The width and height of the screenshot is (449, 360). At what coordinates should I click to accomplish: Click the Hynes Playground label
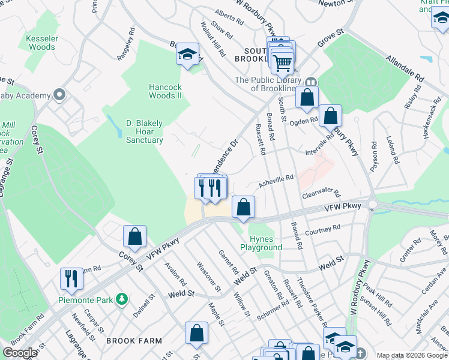point(261,243)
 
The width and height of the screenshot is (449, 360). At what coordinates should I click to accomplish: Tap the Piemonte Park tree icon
point(122,298)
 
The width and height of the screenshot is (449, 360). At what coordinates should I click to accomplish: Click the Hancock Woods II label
point(165,91)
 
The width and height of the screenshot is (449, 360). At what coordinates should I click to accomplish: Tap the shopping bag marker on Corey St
point(135,237)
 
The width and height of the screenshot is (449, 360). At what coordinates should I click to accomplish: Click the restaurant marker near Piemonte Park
point(71,278)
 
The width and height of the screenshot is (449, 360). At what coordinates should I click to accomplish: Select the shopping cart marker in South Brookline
point(282,61)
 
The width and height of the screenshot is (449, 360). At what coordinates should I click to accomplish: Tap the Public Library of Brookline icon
point(311,82)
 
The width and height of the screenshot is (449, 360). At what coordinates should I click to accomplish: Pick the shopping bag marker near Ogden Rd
point(330,116)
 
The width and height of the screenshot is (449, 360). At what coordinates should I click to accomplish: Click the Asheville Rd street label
point(276,178)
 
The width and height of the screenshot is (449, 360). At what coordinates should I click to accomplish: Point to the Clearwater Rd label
point(321,196)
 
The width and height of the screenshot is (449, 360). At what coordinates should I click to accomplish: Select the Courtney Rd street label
point(322,230)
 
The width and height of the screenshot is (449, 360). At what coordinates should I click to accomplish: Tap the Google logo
point(20,353)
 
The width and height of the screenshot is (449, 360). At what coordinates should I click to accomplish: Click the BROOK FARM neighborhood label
point(134,341)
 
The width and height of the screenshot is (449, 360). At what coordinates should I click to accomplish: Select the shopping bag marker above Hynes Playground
point(243,208)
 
